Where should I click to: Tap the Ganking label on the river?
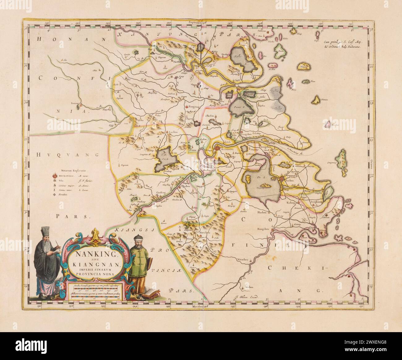(161, 192)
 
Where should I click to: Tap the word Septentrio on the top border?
(196, 23)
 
